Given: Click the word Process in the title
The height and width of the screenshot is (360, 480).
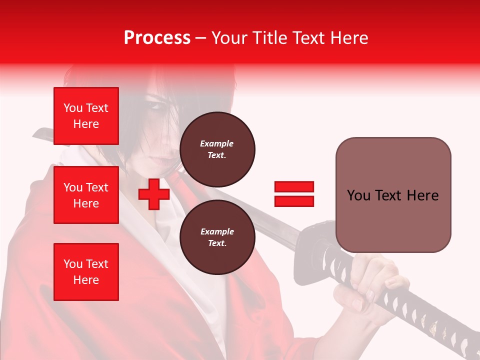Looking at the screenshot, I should (x=157, y=38).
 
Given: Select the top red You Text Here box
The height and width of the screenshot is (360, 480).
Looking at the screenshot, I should (x=86, y=116).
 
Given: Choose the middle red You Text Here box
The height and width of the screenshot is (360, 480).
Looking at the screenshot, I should (x=86, y=195).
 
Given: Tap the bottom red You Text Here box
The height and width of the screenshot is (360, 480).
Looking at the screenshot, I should (x=86, y=271).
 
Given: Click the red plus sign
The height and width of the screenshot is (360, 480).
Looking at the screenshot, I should (x=154, y=194).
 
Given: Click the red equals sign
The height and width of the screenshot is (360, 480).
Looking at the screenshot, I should (x=294, y=194).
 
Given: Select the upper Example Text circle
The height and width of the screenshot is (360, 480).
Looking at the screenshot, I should (x=217, y=149).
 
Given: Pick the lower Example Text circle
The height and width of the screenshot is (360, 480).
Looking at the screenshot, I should (x=217, y=237).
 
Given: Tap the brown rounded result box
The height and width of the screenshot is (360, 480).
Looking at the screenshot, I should (x=393, y=195).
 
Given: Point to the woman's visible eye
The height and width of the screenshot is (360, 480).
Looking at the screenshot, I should (x=156, y=106).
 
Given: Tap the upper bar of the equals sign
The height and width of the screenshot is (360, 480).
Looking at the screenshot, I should (x=294, y=187).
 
